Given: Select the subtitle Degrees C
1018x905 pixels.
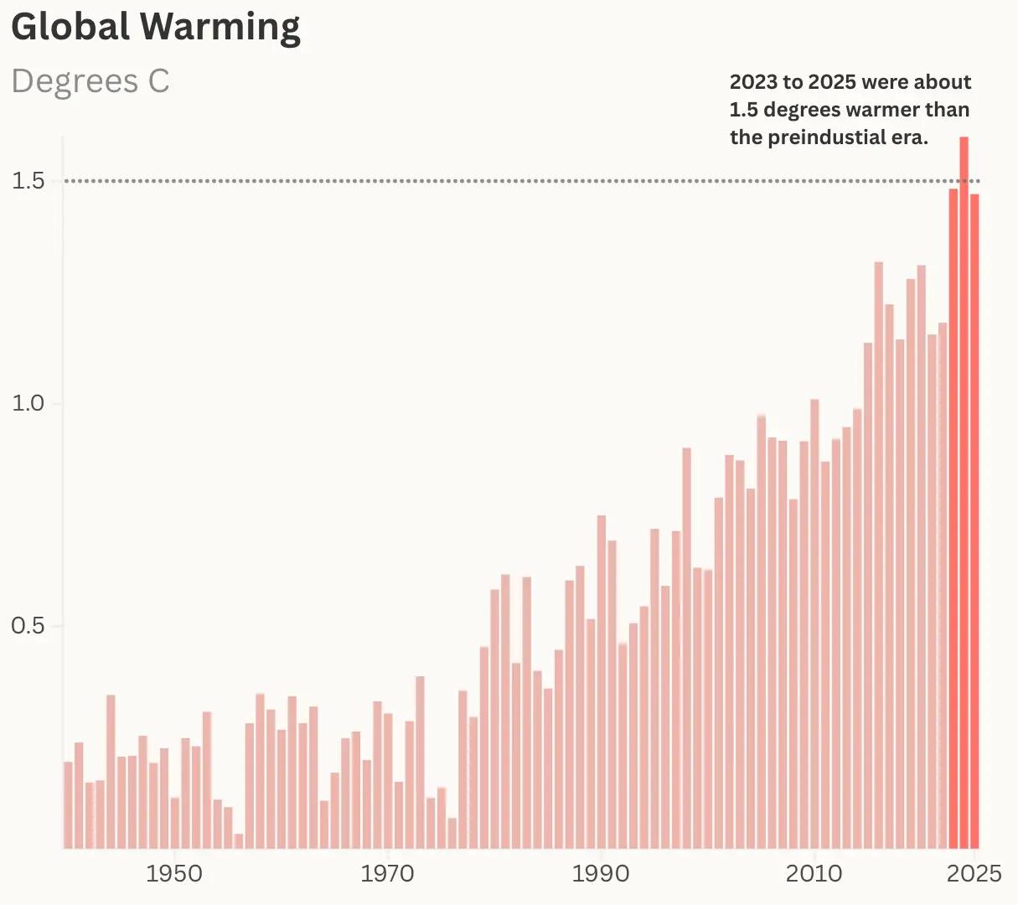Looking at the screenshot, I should [x=90, y=81].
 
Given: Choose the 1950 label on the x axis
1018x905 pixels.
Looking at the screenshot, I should [x=173, y=874].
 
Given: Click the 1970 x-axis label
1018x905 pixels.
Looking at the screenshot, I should [x=387, y=874].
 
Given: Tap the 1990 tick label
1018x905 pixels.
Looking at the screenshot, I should [x=600, y=874].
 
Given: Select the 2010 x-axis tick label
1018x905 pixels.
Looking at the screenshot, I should [x=814, y=874].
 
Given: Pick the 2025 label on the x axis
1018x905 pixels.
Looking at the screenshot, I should [x=974, y=874].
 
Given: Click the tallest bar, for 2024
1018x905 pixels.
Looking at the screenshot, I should [x=964, y=494].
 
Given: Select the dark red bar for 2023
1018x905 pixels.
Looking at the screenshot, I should [x=953, y=520].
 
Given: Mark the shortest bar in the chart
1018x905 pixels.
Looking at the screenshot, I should [x=239, y=840].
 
